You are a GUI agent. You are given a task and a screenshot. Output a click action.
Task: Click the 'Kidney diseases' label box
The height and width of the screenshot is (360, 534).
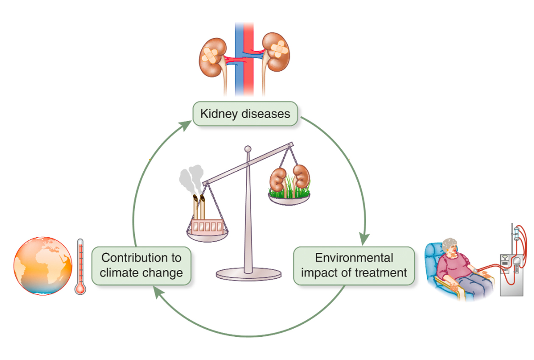pyautogui.click(x=245, y=114)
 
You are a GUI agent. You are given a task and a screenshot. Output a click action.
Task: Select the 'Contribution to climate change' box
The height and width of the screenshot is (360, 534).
pyautogui.click(x=142, y=265)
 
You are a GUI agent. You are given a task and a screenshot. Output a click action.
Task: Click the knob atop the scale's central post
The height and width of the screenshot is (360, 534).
pyautogui.click(x=248, y=149)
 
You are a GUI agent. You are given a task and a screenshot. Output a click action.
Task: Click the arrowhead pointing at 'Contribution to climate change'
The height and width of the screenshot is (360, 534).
pyautogui.click(x=158, y=291)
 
